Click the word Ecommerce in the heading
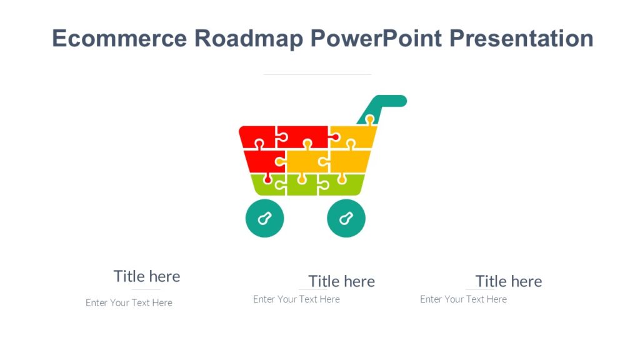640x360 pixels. click(119, 39)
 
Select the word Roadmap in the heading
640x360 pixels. click(248, 39)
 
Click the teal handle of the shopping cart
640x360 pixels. click(387, 102)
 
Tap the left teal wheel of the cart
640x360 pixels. click(264, 219)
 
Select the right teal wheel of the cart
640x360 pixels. click(346, 219)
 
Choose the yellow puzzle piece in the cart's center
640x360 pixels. click(304, 161)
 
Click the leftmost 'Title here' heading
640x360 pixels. click(147, 276)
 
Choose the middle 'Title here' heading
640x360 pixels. click(341, 281)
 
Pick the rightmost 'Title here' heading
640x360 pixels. click(508, 281)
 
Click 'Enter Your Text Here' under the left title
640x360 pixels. click(129, 303)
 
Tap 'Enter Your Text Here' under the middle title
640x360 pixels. click(296, 299)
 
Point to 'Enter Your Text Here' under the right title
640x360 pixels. click(463, 299)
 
